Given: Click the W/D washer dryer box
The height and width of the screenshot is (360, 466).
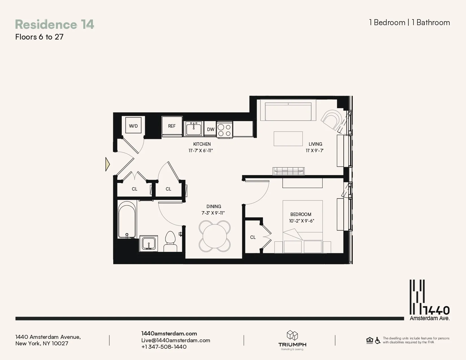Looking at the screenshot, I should [x=133, y=126].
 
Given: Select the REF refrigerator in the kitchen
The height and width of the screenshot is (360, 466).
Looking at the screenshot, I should [x=171, y=126].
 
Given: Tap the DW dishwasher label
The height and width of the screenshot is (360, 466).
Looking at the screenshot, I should [x=211, y=129].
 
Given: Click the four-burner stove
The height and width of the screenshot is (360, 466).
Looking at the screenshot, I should [x=225, y=130].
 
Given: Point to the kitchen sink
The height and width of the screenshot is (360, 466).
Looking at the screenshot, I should [x=193, y=129].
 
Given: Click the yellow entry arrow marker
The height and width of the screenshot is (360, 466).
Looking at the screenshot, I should [x=107, y=164].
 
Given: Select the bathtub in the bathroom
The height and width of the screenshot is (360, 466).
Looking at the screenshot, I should [x=127, y=220].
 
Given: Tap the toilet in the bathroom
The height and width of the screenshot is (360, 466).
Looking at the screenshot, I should [x=170, y=241].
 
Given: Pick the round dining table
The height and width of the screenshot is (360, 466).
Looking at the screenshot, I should [x=215, y=236].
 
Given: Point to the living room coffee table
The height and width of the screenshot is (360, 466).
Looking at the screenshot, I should [x=288, y=139].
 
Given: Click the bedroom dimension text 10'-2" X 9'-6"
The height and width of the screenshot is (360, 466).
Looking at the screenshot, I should [x=301, y=221].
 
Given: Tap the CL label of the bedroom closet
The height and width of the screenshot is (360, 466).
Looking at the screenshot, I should [x=253, y=237].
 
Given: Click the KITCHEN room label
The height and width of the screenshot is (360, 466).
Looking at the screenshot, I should [x=202, y=144].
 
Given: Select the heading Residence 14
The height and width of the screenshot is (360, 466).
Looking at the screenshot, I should [x=55, y=24].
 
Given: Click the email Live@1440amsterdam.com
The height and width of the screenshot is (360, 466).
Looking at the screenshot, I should [x=176, y=340].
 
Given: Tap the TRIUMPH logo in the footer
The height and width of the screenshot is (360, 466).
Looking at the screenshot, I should [x=292, y=340].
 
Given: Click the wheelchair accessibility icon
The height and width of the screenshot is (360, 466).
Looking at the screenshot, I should [x=378, y=341].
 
